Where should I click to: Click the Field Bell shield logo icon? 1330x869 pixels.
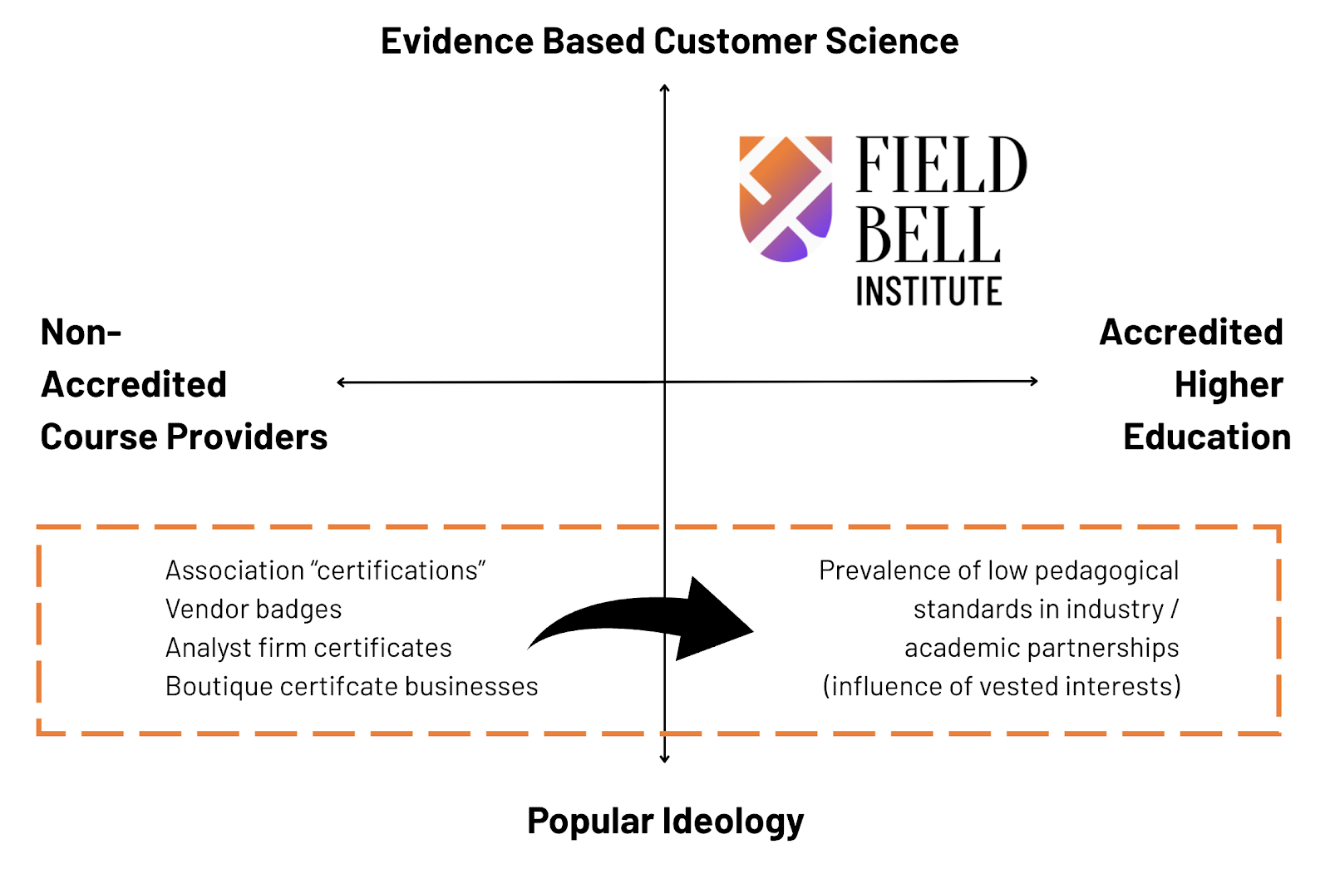click(786, 199)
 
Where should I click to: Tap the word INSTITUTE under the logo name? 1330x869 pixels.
click(929, 292)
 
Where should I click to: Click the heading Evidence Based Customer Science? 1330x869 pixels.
click(669, 42)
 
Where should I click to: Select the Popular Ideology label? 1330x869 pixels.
click(665, 821)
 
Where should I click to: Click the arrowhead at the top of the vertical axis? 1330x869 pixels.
click(664, 87)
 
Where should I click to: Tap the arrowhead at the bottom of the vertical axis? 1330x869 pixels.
click(664, 758)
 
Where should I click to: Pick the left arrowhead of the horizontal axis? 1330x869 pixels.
click(341, 383)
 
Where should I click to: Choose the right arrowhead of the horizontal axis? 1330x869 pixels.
click(1033, 381)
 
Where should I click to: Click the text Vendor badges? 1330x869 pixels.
click(254, 610)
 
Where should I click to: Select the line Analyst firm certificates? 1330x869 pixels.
click(308, 648)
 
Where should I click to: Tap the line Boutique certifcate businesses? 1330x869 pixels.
click(352, 687)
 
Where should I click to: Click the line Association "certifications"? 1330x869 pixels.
click(325, 570)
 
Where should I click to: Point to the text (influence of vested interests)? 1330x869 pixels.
click(1002, 687)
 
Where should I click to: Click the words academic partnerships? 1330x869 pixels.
click(1042, 648)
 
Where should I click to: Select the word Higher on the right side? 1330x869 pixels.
click(1229, 385)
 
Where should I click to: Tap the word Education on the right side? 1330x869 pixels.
click(1206, 437)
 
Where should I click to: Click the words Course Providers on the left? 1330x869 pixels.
click(184, 437)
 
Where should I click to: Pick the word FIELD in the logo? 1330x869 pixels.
click(942, 165)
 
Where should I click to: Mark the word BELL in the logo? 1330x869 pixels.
click(929, 235)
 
